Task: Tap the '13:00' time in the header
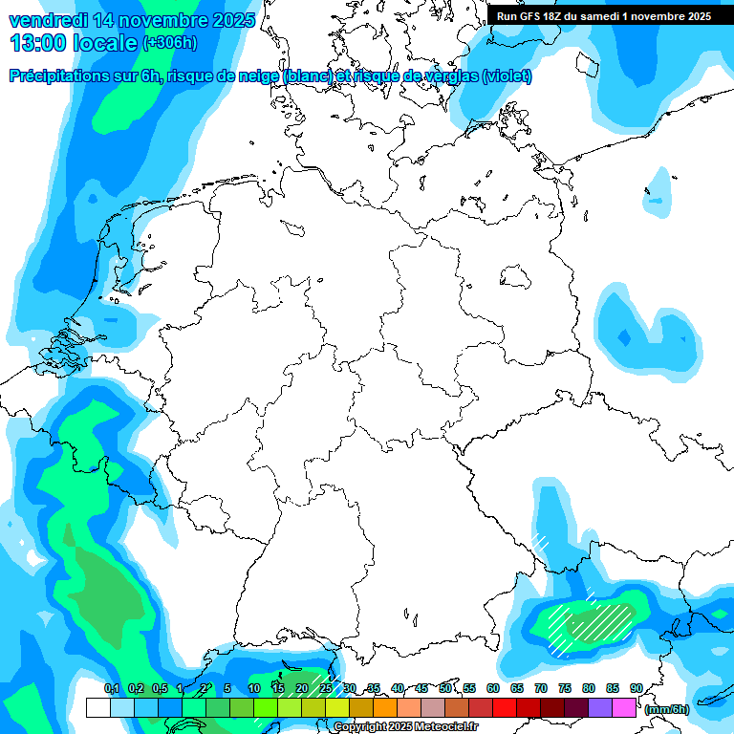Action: click(38, 43)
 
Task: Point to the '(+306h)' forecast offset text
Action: click(171, 43)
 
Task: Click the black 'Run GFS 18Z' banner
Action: click(610, 15)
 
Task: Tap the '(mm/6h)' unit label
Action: click(666, 709)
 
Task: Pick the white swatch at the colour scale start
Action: click(97, 707)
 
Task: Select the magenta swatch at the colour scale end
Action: click(624, 707)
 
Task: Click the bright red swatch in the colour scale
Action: click(505, 707)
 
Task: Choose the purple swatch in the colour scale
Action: click(600, 707)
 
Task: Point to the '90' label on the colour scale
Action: click(637, 689)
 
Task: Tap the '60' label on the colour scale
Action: click(493, 689)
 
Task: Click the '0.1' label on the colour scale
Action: click(112, 689)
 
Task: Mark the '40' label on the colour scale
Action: click(398, 689)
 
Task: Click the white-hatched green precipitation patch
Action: click(593, 623)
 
